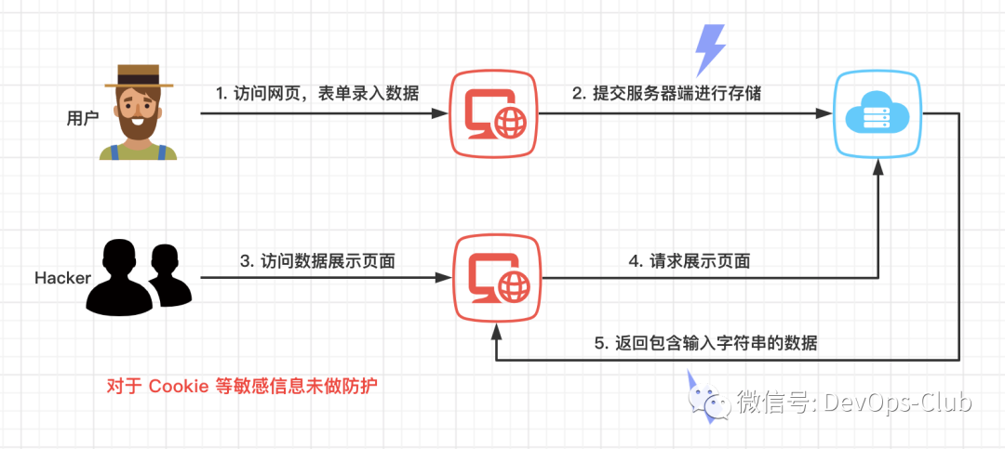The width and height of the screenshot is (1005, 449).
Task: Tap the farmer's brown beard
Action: click(x=139, y=125)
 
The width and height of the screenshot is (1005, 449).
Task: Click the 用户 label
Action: click(x=83, y=118)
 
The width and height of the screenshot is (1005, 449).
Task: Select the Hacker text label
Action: click(x=62, y=278)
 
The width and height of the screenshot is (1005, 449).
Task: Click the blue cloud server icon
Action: click(x=877, y=115)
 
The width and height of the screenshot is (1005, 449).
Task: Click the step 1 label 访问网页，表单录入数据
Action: click(x=317, y=93)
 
